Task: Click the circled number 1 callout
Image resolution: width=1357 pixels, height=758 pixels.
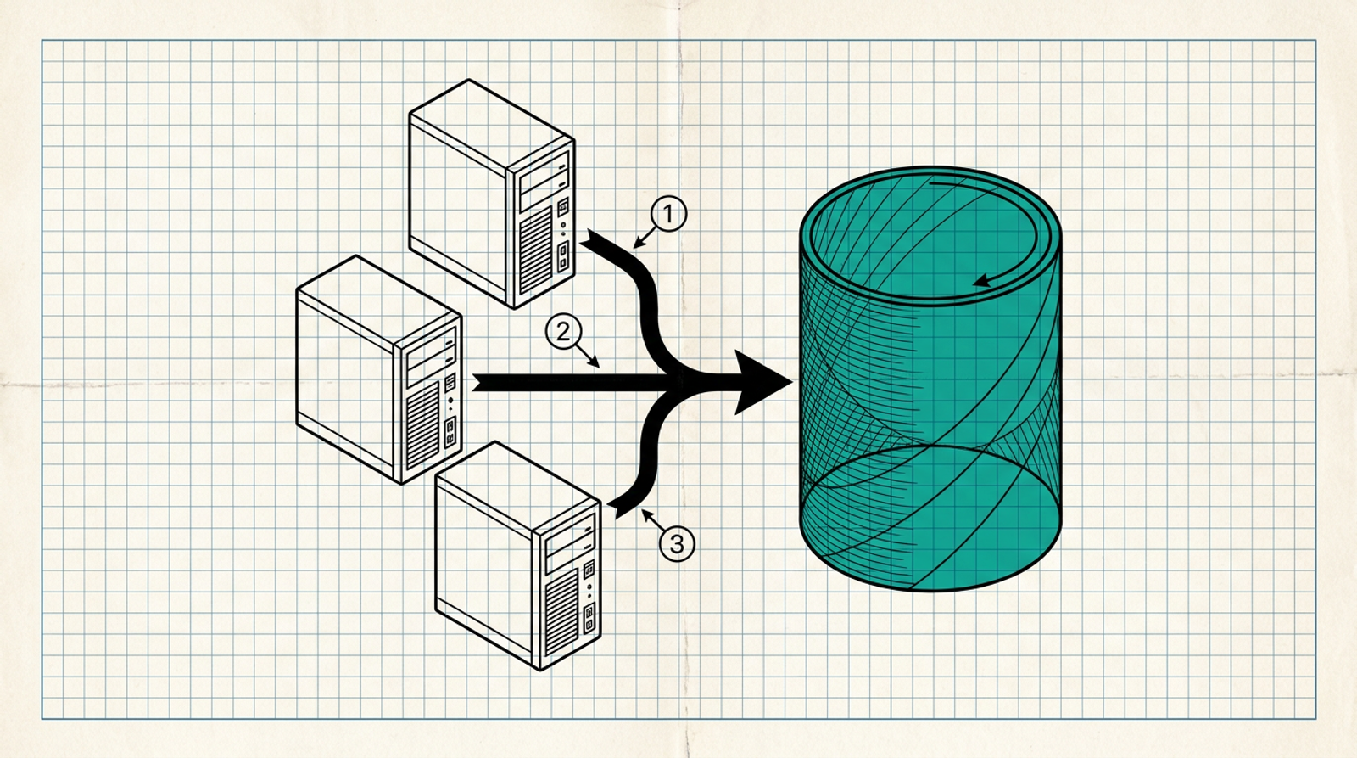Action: [x=669, y=214]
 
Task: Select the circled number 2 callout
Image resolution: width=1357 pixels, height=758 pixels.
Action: [x=563, y=331]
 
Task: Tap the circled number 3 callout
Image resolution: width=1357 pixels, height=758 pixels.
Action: [x=677, y=543]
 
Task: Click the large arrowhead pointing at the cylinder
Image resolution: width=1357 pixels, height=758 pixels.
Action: [x=762, y=382]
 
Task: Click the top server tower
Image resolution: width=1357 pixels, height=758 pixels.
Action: [x=492, y=194]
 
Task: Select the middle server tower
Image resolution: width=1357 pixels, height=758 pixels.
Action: [x=379, y=370]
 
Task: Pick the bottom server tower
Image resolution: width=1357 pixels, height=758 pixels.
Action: [x=518, y=555]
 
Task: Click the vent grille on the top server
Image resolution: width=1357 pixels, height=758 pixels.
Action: [x=535, y=250]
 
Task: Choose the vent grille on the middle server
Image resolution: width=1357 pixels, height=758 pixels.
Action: [x=423, y=426]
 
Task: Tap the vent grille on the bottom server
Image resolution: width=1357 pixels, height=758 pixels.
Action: [x=561, y=613]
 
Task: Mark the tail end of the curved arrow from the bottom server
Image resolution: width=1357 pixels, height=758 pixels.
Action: [x=613, y=509]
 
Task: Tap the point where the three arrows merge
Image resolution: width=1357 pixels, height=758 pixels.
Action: [x=682, y=382]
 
